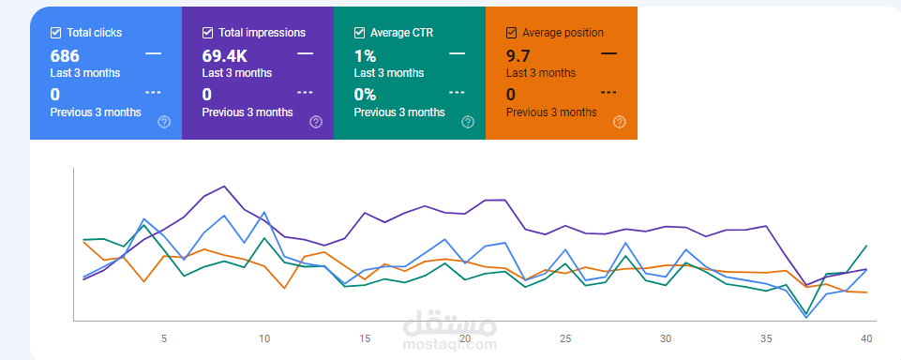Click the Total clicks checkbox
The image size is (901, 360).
[56, 33]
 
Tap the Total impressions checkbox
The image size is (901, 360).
[208, 33]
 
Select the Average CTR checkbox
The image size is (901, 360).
[360, 33]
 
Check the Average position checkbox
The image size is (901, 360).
[511, 33]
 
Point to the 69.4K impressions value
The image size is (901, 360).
[225, 55]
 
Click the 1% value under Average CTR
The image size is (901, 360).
[365, 55]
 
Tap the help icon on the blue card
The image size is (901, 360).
[164, 122]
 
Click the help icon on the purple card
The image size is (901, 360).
[316, 122]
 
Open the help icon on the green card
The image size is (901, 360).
[468, 122]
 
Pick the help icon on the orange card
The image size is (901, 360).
[619, 122]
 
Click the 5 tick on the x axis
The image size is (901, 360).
[164, 338]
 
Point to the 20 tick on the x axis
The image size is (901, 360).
[465, 338]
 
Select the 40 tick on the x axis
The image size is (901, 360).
[866, 338]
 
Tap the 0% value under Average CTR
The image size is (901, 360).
[365, 95]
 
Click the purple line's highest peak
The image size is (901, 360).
[224, 186]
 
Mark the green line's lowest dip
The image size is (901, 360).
[806, 314]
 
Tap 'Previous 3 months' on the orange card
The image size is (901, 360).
[551, 112]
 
